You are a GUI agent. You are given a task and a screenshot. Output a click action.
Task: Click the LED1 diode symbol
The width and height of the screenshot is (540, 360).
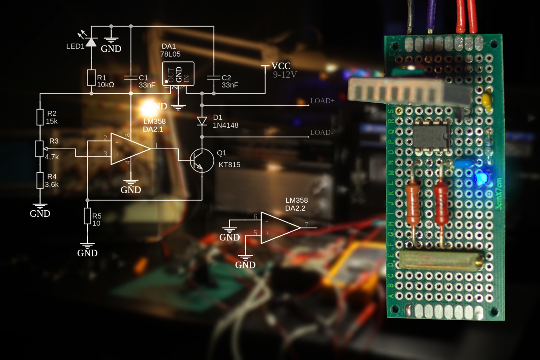[x=91, y=42]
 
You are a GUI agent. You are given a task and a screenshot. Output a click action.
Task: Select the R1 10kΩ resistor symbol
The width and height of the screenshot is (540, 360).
[x=91, y=78]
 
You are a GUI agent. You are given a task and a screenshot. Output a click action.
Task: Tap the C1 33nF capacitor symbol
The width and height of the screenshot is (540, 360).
[x=131, y=78]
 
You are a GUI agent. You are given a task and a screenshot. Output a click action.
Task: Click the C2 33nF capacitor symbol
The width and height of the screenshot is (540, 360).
[x=214, y=78]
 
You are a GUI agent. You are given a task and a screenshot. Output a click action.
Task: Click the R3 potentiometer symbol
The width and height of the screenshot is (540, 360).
[x=40, y=149]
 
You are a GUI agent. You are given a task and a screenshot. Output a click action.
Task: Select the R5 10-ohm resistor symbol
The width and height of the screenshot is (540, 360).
[x=87, y=216]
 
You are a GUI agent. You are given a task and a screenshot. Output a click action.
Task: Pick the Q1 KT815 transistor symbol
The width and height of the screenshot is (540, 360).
[x=201, y=160]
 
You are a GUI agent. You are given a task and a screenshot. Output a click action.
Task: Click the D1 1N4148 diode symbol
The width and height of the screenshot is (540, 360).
[x=202, y=121]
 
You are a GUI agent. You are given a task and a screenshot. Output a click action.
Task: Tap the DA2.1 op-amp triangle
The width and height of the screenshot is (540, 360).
[x=129, y=149]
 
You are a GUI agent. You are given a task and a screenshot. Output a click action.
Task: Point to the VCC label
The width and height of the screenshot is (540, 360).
[x=281, y=66]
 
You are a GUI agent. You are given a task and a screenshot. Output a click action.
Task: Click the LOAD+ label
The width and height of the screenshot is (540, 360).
[x=322, y=101]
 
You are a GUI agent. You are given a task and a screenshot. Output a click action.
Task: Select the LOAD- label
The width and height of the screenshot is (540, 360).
[x=321, y=132]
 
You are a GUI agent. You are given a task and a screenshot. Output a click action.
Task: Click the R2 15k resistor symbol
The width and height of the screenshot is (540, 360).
[x=40, y=117]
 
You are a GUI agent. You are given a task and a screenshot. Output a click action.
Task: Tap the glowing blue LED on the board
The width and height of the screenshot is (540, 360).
[x=479, y=178]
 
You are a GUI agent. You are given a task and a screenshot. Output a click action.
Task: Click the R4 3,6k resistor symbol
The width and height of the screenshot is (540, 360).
[x=40, y=180]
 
